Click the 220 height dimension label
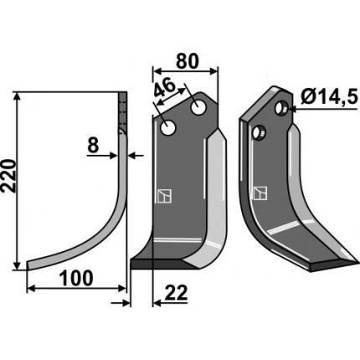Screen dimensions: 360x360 [x=8, y=176]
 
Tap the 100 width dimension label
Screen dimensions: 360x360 [x=76, y=278]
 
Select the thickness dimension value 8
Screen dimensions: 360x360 [x=93, y=145]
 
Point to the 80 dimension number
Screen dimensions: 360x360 [x=188, y=61]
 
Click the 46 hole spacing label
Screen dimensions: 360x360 [x=164, y=89]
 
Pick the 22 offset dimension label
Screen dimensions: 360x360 [x=176, y=293]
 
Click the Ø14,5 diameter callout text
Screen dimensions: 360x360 [x=329, y=98]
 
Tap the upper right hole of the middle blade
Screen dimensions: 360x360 [x=198, y=108]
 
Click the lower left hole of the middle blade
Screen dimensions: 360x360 [x=168, y=128]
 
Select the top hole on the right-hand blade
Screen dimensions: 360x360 [x=281, y=107]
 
